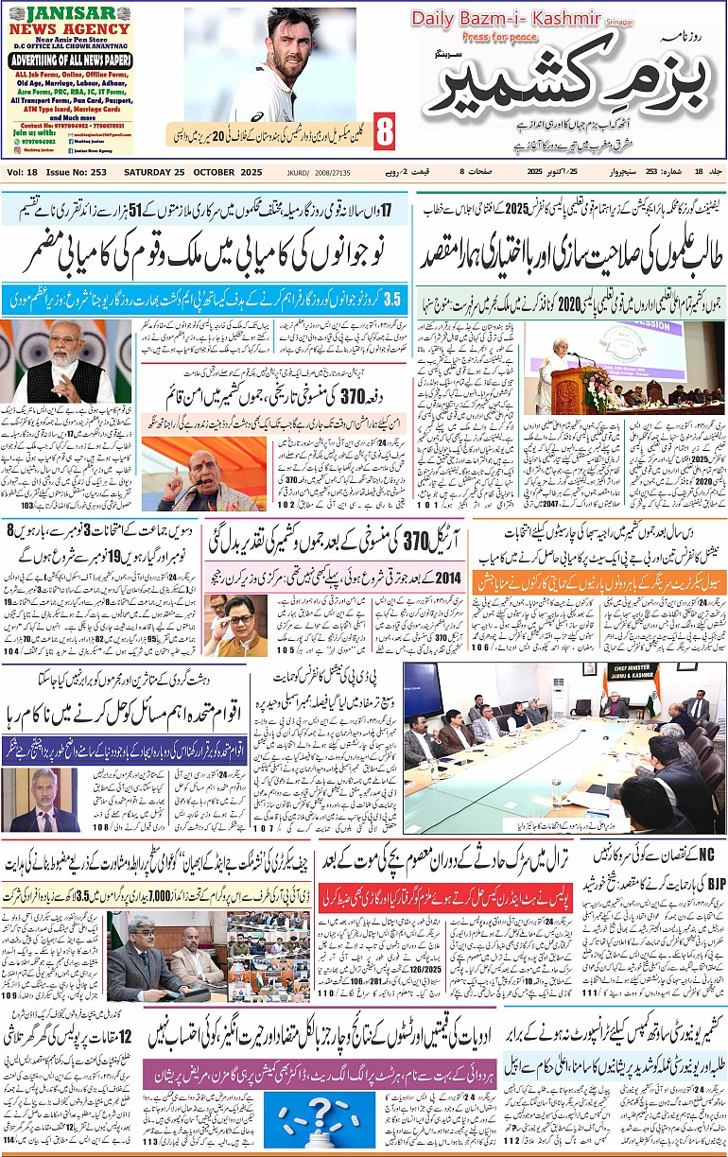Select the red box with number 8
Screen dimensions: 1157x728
[384, 132]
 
